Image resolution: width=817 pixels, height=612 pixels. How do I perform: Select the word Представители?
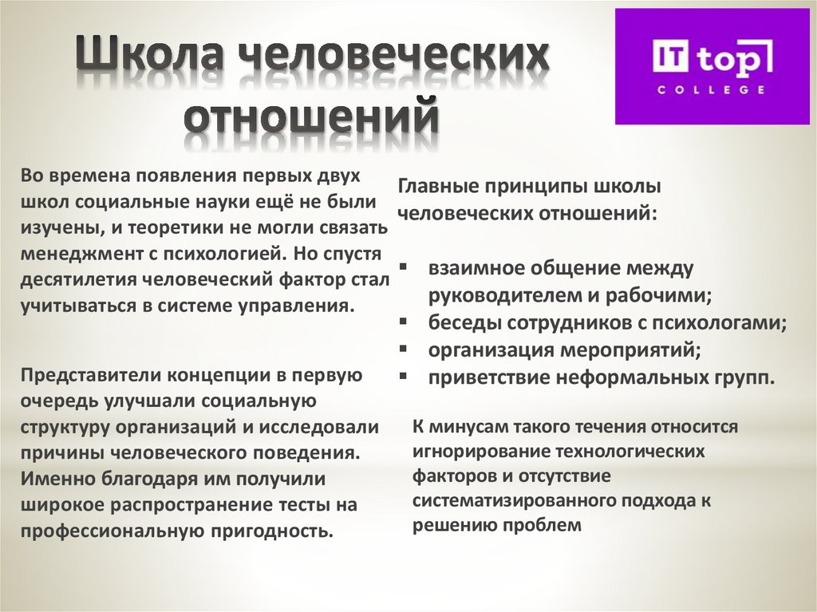[x=83, y=375]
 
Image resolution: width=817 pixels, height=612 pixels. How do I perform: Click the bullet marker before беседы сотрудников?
[x=404, y=322]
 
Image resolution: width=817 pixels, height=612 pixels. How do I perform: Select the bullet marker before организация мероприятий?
[x=404, y=349]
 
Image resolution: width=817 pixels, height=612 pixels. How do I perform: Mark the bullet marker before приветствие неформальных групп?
[x=404, y=376]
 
